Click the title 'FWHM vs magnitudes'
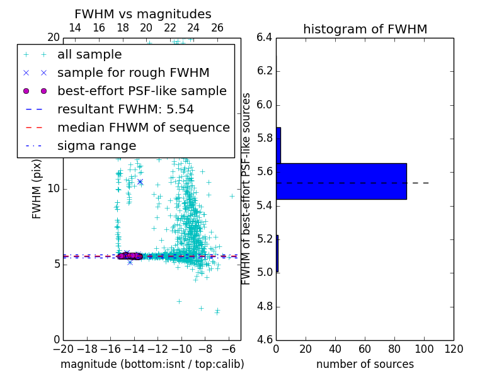(143, 14)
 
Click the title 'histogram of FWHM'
(365, 29)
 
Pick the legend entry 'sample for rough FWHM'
(133, 72)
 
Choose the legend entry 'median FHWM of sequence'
(143, 127)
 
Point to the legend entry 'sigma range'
(96, 146)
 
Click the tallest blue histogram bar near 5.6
(341, 181)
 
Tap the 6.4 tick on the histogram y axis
(265, 37)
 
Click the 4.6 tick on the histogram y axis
(265, 340)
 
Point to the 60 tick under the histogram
(365, 349)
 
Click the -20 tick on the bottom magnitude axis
(63, 349)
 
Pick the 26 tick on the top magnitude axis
(217, 28)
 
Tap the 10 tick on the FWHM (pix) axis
(54, 188)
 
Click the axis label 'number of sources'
(365, 364)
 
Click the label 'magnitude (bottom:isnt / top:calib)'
(152, 364)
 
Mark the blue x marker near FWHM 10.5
(140, 181)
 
